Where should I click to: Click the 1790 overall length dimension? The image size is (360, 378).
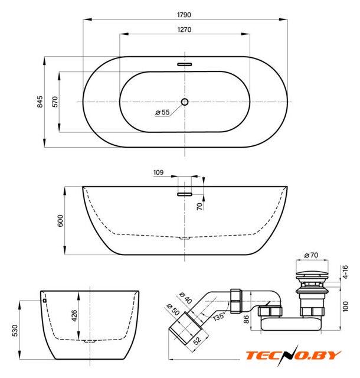tap(184, 15)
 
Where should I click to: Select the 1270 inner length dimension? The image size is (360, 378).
tap(184, 30)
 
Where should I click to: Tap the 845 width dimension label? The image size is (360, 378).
tap(40, 102)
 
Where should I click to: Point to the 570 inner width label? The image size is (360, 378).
tap(55, 102)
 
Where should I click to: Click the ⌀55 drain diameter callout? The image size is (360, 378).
tap(163, 112)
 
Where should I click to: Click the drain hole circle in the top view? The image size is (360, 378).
tap(185, 102)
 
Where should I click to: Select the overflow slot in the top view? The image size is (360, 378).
tap(185, 64)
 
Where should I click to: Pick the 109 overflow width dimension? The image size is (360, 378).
tap(158, 172)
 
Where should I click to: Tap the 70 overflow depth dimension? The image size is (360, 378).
tap(199, 206)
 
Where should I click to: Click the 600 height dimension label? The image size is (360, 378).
tap(60, 220)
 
